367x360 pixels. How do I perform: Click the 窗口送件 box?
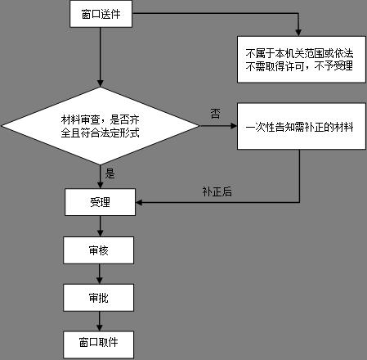tap(100, 16)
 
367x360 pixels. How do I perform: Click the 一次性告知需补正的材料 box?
tap(299, 126)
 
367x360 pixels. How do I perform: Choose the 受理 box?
tap(100, 201)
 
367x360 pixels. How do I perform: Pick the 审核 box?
tap(100, 250)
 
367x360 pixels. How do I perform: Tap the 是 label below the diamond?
tap(110, 173)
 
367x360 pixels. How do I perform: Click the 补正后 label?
tap(217, 191)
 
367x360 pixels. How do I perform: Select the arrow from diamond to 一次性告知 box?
tap(217, 126)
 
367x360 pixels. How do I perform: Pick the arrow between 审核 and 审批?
tap(100, 274)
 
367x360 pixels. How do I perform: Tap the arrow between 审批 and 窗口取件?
tap(100, 321)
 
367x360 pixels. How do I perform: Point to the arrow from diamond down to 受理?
tap(100, 176)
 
